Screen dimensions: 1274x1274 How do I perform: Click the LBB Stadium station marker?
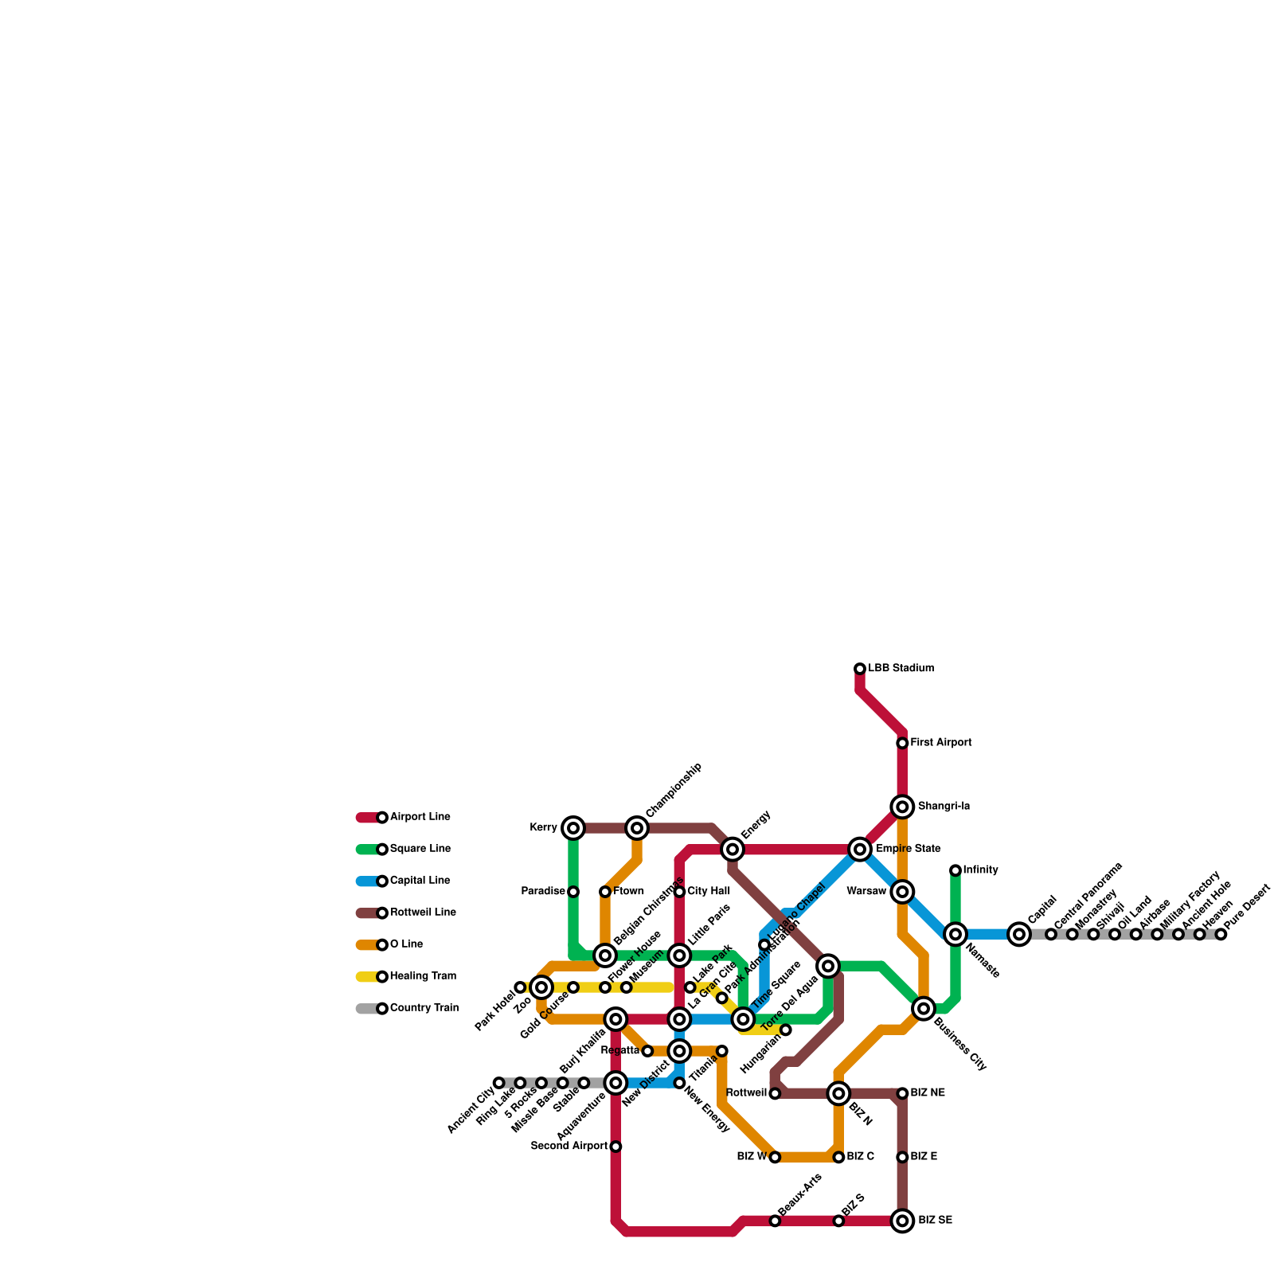coord(860,669)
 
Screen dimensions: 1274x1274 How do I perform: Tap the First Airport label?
coord(941,743)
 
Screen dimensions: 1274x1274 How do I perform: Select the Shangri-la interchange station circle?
coord(902,807)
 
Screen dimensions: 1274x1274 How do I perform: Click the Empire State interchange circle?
coord(860,850)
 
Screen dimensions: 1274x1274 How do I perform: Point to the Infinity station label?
coord(980,870)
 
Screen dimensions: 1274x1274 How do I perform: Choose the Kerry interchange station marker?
coord(573,828)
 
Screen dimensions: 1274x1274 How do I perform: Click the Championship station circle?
coord(637,828)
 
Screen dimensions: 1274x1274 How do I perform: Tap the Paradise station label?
coord(543,892)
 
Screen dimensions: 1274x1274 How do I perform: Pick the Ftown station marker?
coord(605,892)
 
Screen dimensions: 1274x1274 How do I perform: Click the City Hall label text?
coord(709,892)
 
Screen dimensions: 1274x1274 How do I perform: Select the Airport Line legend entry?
coord(420,817)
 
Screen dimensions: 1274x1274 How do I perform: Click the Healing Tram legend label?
coord(423,976)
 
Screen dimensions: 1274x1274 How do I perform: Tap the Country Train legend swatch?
coord(368,1009)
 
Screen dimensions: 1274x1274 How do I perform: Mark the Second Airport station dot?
coord(616,1147)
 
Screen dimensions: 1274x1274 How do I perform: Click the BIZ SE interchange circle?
coord(902,1221)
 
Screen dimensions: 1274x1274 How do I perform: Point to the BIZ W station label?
coord(752,1157)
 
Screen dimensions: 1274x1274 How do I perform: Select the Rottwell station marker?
coord(775,1094)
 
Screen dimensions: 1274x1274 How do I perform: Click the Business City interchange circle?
coord(924,1009)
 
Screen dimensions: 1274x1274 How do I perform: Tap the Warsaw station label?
coord(866,892)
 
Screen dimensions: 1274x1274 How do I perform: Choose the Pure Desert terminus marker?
coord(1221,934)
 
